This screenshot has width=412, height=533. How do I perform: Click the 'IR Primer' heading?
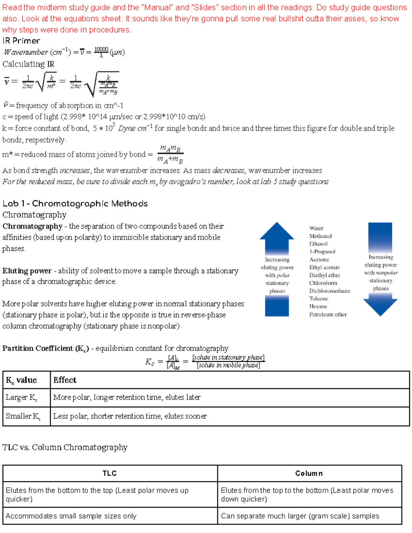(21, 41)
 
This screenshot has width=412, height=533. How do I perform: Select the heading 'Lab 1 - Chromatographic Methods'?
(75, 204)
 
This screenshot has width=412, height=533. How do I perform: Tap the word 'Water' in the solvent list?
(316, 228)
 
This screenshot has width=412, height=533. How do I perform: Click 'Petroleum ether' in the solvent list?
(328, 314)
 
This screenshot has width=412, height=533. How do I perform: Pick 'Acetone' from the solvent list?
(319, 260)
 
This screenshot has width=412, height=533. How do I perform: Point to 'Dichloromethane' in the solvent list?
(329, 291)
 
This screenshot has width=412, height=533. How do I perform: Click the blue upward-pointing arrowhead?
(277, 231)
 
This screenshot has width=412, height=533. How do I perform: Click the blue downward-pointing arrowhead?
(380, 306)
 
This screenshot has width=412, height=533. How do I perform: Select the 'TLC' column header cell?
(110, 473)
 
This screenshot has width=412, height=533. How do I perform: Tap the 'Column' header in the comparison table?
(309, 473)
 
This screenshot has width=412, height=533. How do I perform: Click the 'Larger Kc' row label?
(21, 397)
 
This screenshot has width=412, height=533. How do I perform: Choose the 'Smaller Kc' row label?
(23, 416)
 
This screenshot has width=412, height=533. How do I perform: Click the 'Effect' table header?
(65, 380)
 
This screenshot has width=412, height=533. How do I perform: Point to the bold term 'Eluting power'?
(27, 271)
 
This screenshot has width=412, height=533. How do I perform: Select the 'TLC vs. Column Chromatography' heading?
(65, 448)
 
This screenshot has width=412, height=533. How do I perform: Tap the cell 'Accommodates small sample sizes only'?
(71, 516)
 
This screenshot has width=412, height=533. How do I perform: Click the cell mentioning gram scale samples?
(300, 516)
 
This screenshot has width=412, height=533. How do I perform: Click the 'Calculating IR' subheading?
(28, 64)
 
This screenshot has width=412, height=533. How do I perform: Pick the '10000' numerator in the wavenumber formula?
(101, 49)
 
